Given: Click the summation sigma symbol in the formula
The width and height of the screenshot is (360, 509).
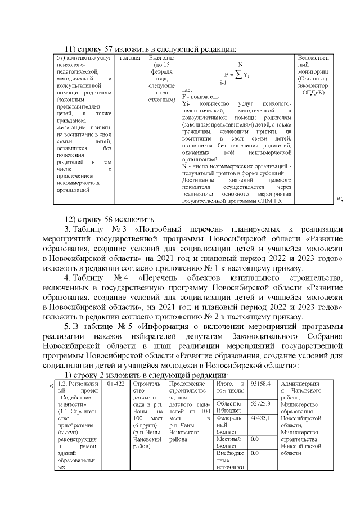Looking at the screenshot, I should [238, 75].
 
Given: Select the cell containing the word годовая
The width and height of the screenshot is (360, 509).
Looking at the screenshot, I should [130, 58].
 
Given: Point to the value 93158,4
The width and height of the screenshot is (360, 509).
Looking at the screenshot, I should [260, 384].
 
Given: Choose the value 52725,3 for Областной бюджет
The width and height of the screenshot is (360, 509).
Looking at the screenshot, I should [260, 403].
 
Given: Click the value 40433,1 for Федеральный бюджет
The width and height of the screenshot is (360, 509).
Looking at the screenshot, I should [260, 418].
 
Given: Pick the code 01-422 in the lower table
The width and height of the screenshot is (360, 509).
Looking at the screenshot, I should [115, 384].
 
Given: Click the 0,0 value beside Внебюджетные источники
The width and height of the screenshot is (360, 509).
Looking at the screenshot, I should [255, 453].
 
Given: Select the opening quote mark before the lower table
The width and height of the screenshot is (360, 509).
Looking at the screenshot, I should [51, 385].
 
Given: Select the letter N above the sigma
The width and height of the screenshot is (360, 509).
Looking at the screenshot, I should [240, 65].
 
